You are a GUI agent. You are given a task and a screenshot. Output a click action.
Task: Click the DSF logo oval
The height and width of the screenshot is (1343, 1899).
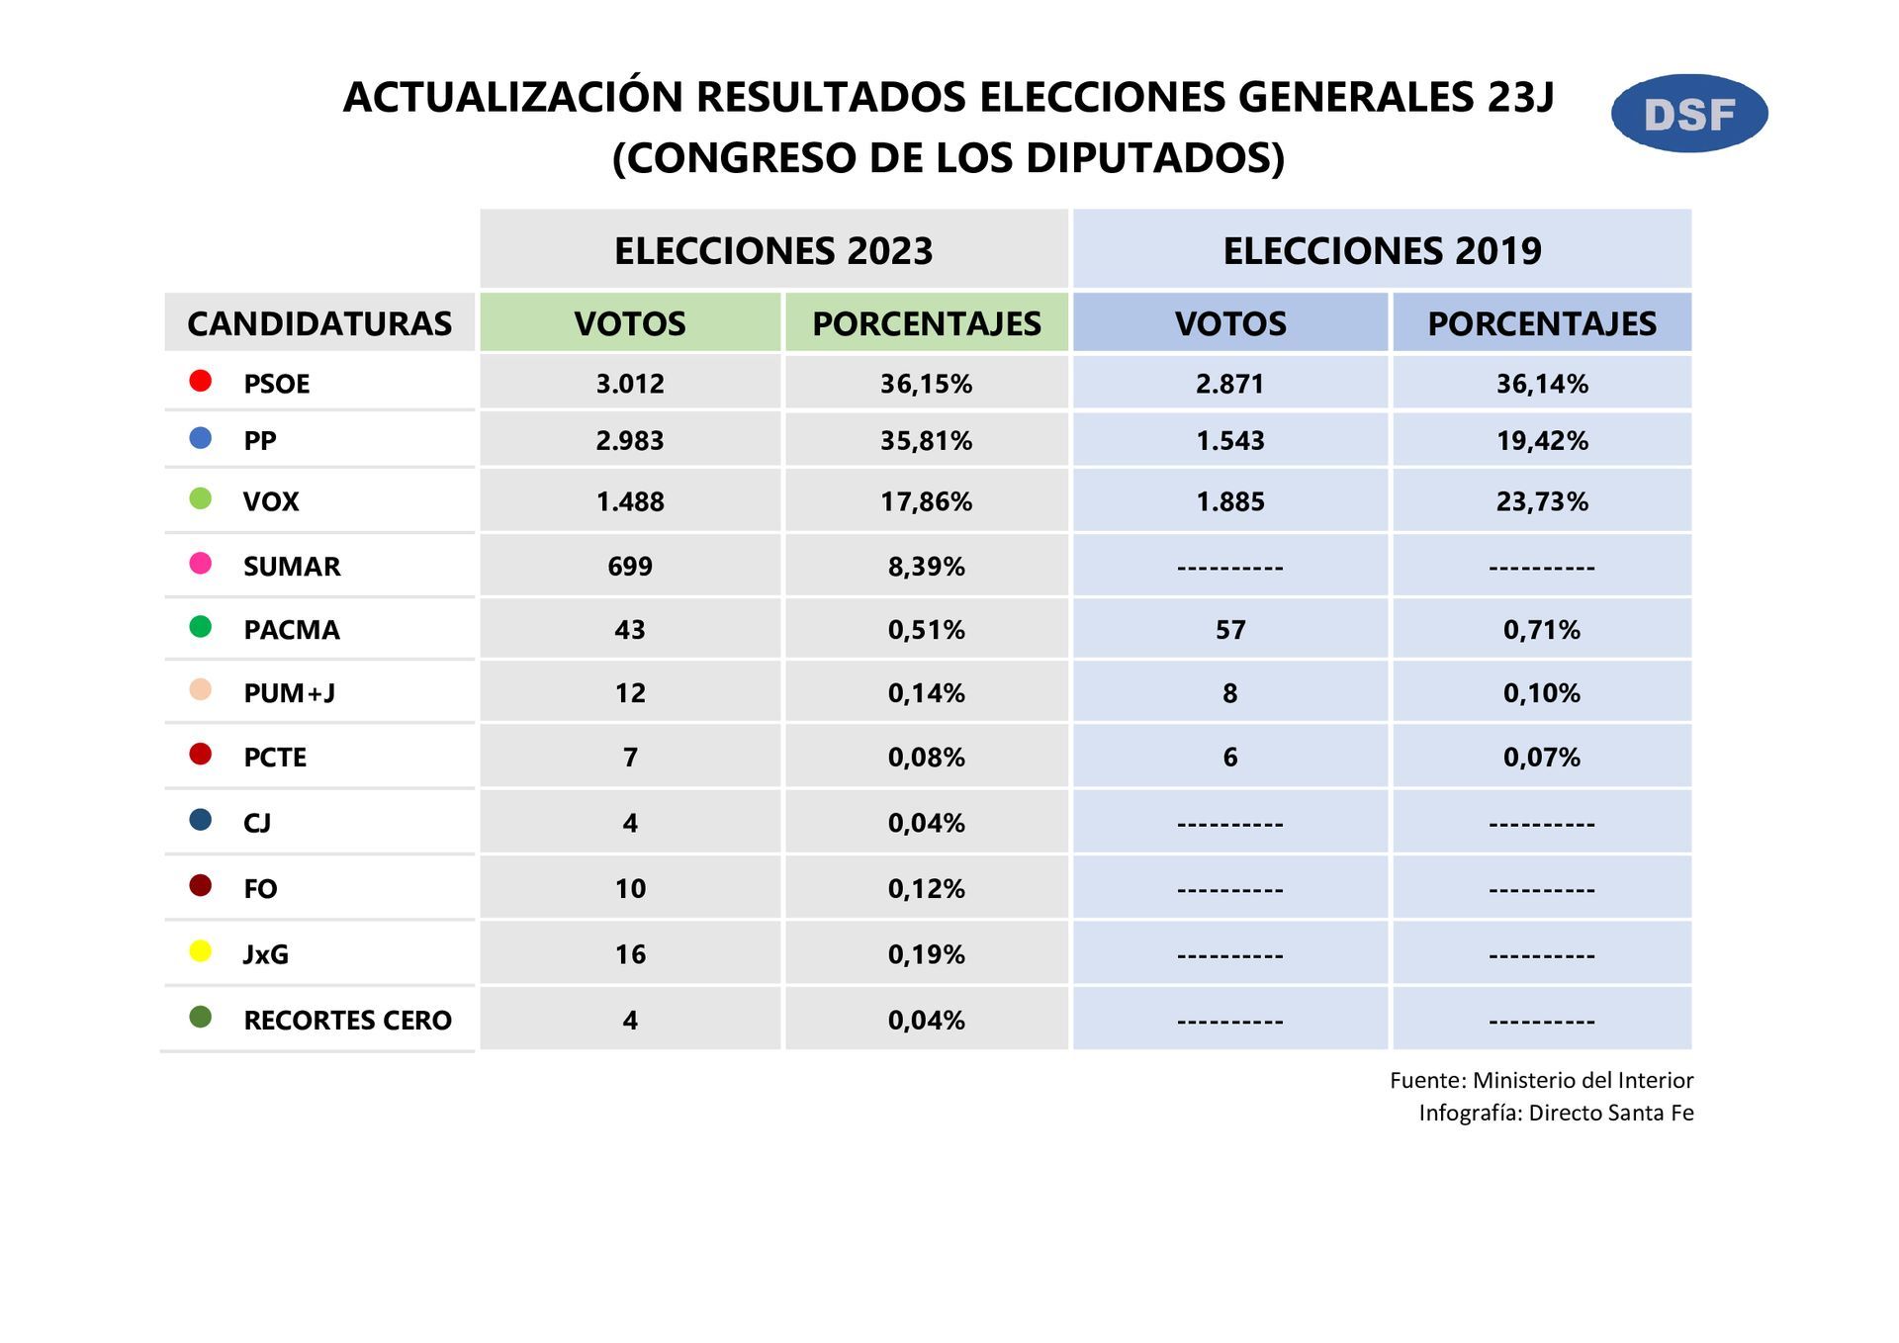[x=1688, y=114]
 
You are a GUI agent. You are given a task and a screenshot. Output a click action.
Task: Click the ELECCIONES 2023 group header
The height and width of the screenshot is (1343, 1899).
[x=773, y=250]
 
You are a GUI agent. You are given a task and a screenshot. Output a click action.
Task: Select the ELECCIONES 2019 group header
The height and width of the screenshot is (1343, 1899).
[x=1382, y=250]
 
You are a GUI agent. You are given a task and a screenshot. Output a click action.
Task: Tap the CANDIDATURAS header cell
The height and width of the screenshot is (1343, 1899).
[x=318, y=323]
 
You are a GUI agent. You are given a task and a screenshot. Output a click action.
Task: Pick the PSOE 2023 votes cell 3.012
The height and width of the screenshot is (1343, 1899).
[x=630, y=384]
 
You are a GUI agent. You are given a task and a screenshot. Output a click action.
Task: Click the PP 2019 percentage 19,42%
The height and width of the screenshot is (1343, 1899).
[x=1541, y=441]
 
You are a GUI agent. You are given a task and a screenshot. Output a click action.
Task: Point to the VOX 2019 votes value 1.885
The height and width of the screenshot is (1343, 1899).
[x=1229, y=501]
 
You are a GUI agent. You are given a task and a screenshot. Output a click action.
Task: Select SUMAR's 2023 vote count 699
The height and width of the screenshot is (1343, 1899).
[x=630, y=567]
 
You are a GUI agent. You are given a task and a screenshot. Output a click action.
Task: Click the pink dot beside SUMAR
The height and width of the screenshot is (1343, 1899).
[x=201, y=564]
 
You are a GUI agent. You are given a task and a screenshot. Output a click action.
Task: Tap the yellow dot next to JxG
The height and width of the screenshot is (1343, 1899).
[x=201, y=951]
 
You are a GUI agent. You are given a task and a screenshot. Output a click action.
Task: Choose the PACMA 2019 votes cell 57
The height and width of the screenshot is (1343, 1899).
[x=1229, y=630]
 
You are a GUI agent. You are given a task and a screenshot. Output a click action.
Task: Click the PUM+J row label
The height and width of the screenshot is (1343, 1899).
[x=289, y=693]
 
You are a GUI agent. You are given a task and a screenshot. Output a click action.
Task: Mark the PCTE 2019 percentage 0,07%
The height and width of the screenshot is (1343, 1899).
[x=1541, y=758]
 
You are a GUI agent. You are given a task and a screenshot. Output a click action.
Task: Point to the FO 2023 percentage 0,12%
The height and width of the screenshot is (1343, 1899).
[x=926, y=889]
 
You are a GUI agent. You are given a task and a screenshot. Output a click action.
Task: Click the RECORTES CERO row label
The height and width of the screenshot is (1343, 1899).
[x=347, y=1021]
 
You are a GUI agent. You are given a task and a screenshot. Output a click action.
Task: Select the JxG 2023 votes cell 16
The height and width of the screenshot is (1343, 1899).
[x=630, y=954]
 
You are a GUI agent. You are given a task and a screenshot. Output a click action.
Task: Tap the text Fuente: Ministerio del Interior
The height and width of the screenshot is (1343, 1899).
[x=1541, y=1080]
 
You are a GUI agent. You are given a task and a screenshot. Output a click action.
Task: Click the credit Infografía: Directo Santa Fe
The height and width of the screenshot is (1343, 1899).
[x=1556, y=1113]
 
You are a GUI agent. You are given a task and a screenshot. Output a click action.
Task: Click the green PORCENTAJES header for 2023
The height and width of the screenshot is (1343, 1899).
[x=926, y=323]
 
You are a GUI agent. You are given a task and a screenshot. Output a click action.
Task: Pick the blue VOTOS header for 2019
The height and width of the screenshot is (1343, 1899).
[x=1229, y=323]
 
